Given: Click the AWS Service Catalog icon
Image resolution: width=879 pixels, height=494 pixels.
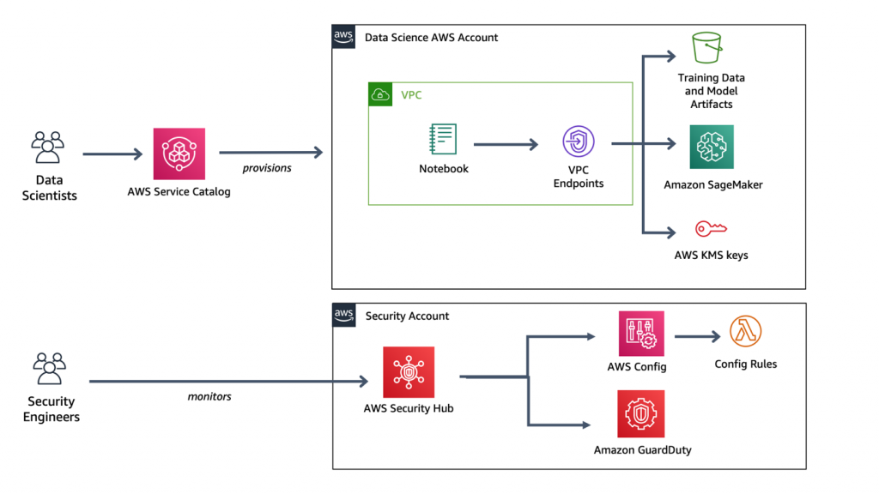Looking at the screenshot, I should pyautogui.click(x=179, y=154).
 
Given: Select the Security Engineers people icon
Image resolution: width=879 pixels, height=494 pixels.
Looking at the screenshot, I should pyautogui.click(x=49, y=370).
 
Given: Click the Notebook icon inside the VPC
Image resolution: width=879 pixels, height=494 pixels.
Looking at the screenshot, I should pyautogui.click(x=443, y=140).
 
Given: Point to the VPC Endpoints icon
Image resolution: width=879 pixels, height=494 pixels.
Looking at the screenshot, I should pyautogui.click(x=579, y=142).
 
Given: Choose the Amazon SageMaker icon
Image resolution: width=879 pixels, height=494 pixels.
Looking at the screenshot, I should pyautogui.click(x=712, y=147).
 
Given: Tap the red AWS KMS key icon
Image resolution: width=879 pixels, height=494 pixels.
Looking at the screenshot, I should pyautogui.click(x=711, y=229).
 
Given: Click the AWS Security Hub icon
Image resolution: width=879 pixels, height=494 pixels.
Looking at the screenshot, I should pyautogui.click(x=409, y=372).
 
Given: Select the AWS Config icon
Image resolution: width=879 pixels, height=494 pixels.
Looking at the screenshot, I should pyautogui.click(x=641, y=334).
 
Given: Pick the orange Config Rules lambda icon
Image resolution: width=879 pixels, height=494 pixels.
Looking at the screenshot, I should pyautogui.click(x=745, y=332).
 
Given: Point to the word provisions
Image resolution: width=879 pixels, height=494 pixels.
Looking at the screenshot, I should pyautogui.click(x=267, y=168).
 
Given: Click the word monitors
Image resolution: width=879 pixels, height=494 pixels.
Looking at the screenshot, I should pyautogui.click(x=210, y=396).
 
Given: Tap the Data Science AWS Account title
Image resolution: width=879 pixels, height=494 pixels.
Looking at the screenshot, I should pyautogui.click(x=431, y=38).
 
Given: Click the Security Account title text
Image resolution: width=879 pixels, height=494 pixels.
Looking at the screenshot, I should pyautogui.click(x=407, y=316).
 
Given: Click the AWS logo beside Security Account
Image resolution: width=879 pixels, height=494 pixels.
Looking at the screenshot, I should pyautogui.click(x=344, y=315).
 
